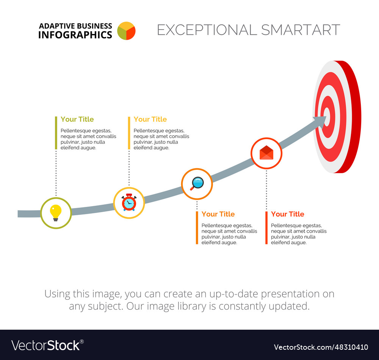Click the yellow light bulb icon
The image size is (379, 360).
tap(56, 213)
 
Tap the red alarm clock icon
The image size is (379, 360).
tap(129, 203)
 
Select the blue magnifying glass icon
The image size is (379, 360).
tap(197, 183)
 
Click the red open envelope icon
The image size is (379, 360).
tap(266, 153)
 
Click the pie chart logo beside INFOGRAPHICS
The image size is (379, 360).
tap(126, 31)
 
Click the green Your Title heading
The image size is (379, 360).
tap(77, 119)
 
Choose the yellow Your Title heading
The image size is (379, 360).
tap(150, 119)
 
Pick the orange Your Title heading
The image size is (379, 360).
tap(218, 214)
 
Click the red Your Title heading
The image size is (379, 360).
tap(287, 214)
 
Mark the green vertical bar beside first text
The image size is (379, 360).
tap(56, 133)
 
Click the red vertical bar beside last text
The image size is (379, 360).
tap(266, 227)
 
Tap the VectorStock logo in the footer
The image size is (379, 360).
tap(47, 345)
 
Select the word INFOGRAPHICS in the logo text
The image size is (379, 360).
tap(75, 35)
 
